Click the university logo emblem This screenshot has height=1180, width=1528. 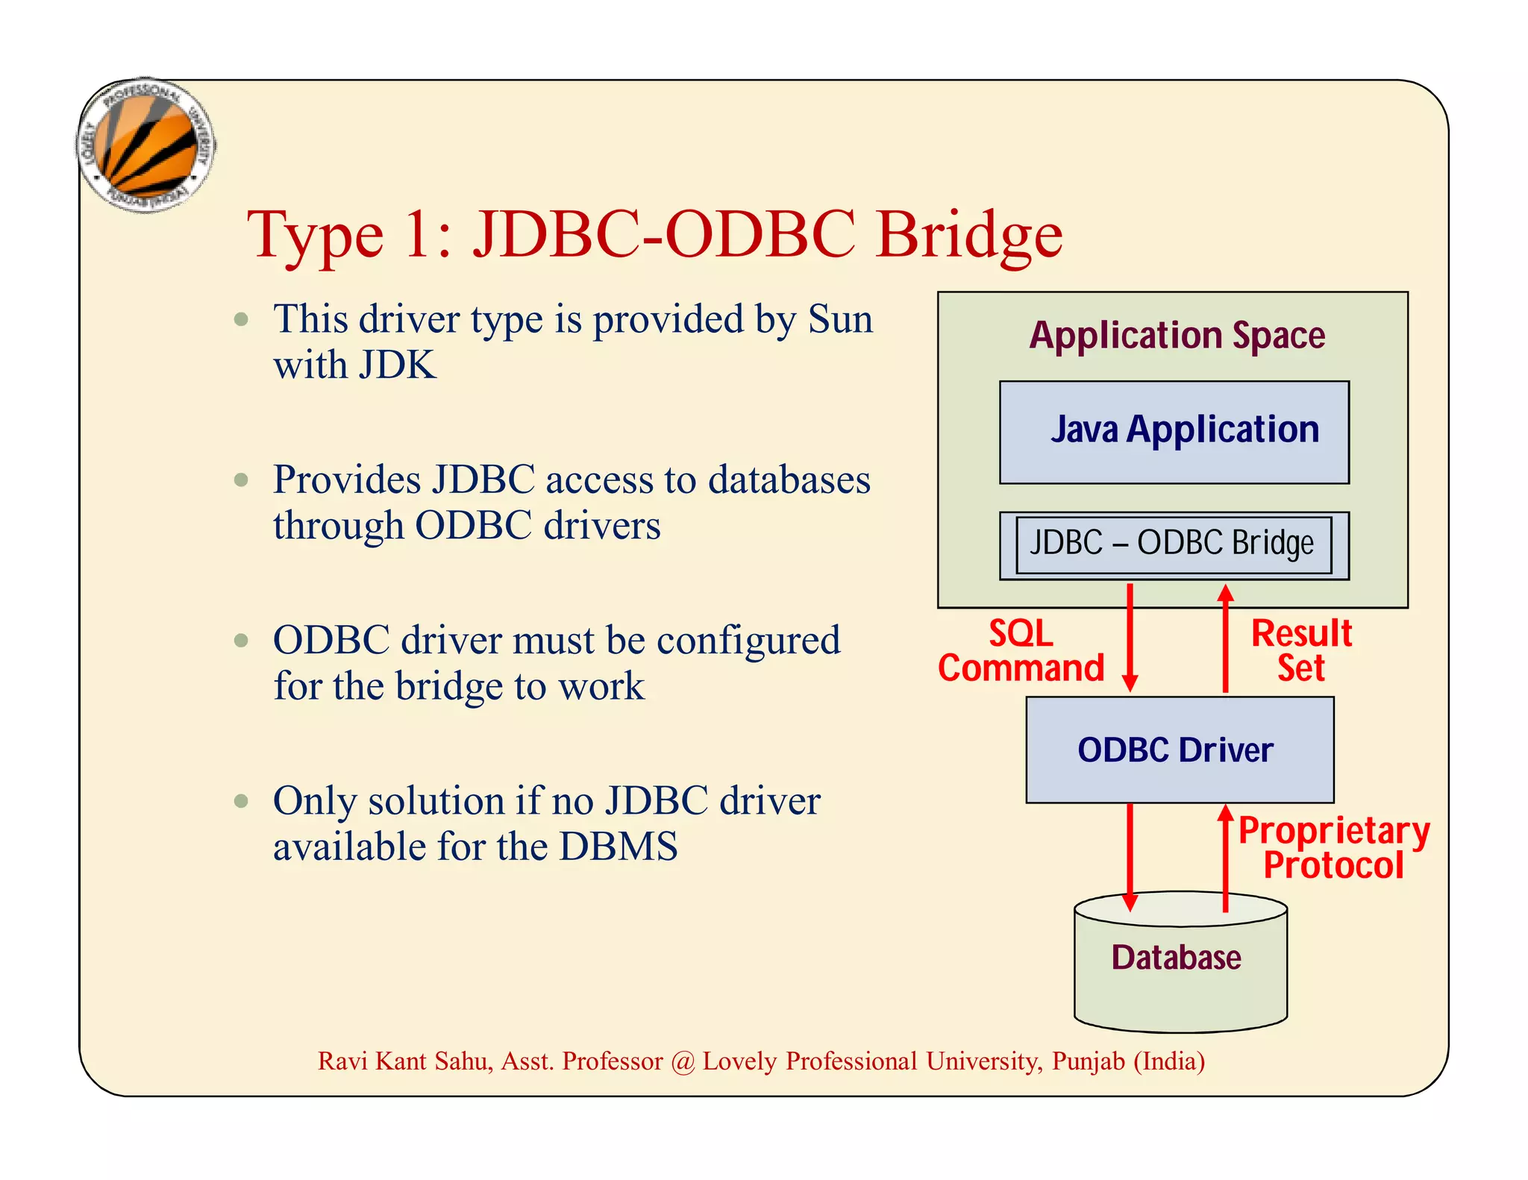point(146,145)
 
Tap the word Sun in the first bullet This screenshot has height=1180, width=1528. point(840,320)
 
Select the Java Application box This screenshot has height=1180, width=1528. point(1174,432)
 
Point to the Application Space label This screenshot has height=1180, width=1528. point(1177,335)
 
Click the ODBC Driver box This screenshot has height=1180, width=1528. point(1179,750)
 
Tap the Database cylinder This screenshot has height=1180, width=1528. point(1180,962)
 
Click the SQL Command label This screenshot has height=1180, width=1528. point(1021,650)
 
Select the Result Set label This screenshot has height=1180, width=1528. point(1300,650)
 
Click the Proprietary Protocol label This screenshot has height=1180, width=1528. point(1333,848)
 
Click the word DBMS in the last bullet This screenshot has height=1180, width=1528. point(619,847)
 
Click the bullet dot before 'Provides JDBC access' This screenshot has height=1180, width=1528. point(241,480)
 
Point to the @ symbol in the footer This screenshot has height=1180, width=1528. point(682,1061)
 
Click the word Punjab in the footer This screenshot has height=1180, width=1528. point(1088,1061)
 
